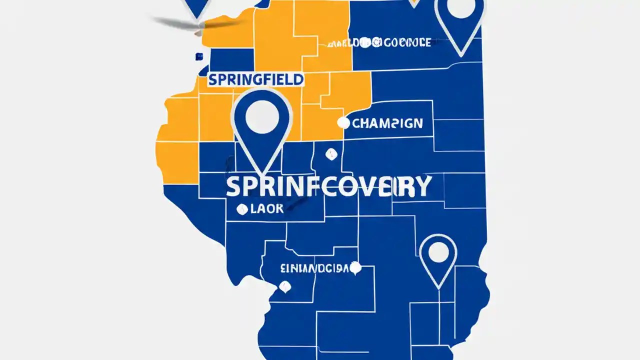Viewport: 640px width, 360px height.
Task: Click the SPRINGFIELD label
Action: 255,79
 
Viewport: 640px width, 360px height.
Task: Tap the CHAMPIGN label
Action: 387,123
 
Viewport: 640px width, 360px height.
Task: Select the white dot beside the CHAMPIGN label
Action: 343,122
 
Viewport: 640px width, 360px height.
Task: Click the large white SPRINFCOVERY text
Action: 328,186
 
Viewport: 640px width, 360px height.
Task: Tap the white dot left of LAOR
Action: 242,209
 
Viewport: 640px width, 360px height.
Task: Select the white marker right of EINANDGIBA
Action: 355,268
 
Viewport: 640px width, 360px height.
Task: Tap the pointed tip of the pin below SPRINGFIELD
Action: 261,174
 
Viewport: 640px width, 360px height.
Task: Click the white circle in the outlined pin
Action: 438,253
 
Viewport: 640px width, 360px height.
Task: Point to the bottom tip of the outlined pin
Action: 439,287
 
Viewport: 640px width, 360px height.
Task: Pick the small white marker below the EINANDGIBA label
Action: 285,287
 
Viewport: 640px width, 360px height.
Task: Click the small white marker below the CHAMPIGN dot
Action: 330,154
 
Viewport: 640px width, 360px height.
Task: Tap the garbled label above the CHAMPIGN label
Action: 379,43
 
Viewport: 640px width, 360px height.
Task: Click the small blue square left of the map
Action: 199,57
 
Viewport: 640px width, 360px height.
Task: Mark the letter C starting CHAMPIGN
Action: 357,123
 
